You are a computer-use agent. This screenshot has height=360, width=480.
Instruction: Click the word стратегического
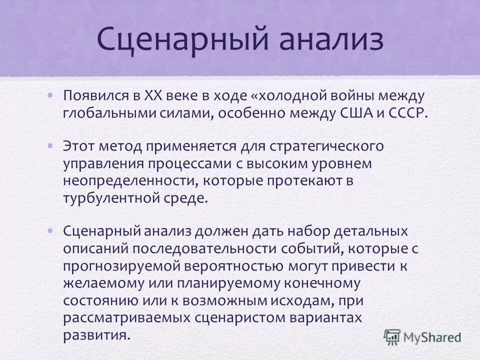(326, 147)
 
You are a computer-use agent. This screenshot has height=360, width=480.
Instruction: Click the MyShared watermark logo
(423, 336)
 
